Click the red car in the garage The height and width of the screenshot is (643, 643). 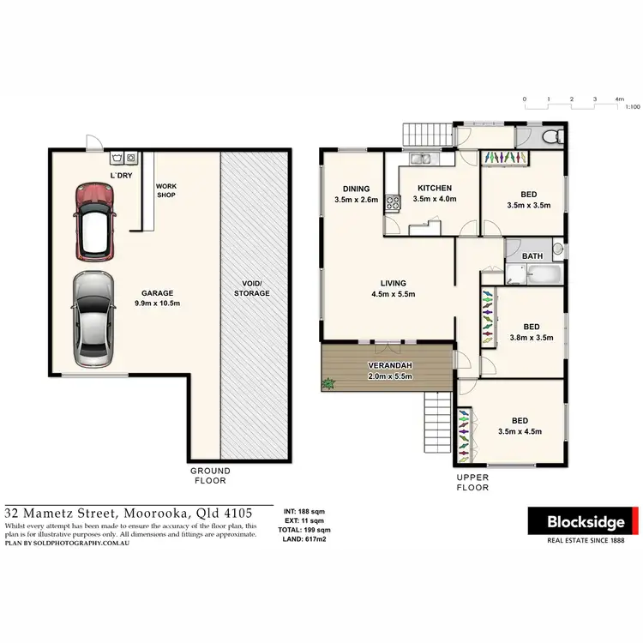(x=95, y=222)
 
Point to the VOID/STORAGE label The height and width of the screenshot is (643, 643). (x=252, y=288)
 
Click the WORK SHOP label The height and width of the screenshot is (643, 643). (x=165, y=190)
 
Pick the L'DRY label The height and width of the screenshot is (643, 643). (x=120, y=176)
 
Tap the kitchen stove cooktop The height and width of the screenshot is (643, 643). (x=393, y=203)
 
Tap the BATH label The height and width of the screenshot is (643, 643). (x=532, y=255)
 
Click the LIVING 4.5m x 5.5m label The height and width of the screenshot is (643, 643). (x=394, y=289)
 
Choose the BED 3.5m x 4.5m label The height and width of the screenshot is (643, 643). (x=520, y=426)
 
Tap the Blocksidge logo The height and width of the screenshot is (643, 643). (x=583, y=521)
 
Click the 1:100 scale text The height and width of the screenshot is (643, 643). (x=632, y=107)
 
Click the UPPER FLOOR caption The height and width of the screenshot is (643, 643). (x=472, y=483)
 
